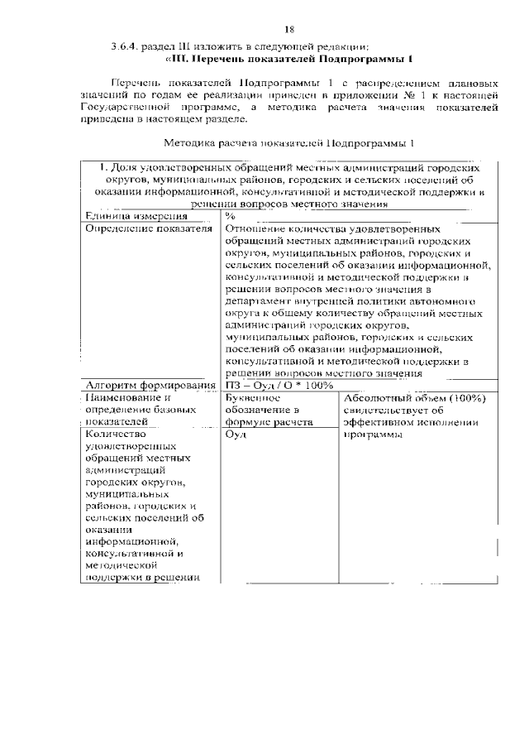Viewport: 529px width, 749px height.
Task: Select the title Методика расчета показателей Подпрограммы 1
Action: [x=288, y=142]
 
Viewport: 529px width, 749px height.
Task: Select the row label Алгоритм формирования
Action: [x=150, y=386]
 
